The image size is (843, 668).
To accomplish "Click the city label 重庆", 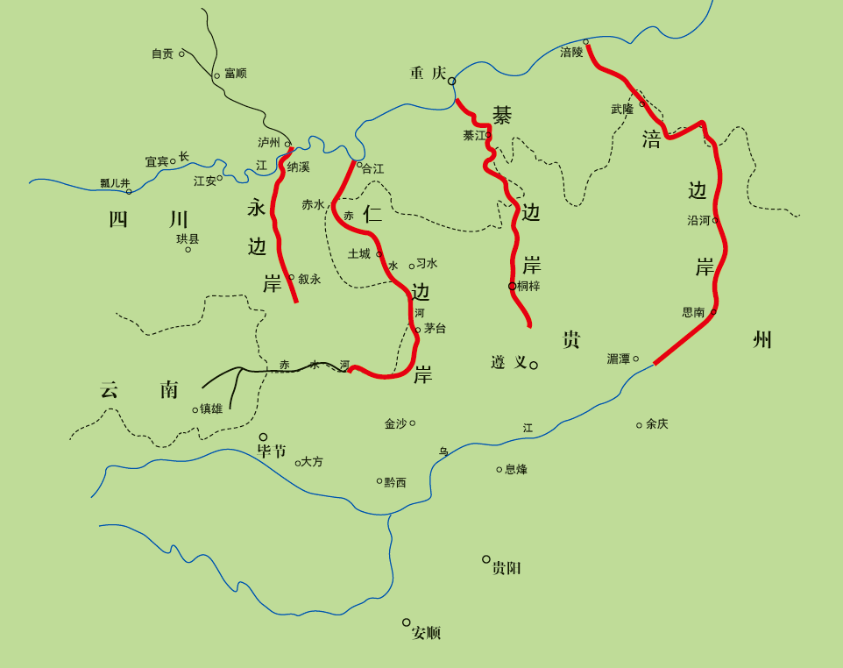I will [x=429, y=73].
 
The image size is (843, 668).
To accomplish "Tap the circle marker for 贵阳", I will [x=486, y=559].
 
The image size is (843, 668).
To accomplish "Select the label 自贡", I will [x=162, y=54].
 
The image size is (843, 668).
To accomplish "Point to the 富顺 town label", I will [x=235, y=74].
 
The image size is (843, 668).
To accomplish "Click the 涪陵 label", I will [x=571, y=53].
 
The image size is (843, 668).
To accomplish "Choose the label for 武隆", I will [x=622, y=110].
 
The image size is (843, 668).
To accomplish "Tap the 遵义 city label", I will [x=509, y=362].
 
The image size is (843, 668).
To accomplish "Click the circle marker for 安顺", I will [x=407, y=622].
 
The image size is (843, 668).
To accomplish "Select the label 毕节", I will [x=272, y=451].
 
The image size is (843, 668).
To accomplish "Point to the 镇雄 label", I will [x=211, y=409].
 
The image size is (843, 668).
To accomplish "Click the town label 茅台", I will [x=435, y=329].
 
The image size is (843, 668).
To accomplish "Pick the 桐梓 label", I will [x=528, y=286].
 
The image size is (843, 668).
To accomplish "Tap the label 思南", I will [x=693, y=312].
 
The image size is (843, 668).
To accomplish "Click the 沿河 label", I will [x=698, y=221].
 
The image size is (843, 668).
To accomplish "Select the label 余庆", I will [x=657, y=424].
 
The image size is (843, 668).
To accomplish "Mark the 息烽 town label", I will [x=516, y=470].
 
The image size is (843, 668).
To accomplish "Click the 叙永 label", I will [x=309, y=280].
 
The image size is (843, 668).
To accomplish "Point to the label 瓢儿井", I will [x=115, y=183].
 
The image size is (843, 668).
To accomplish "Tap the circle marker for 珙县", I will [x=188, y=250].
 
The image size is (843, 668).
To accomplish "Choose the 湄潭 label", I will [x=619, y=359].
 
